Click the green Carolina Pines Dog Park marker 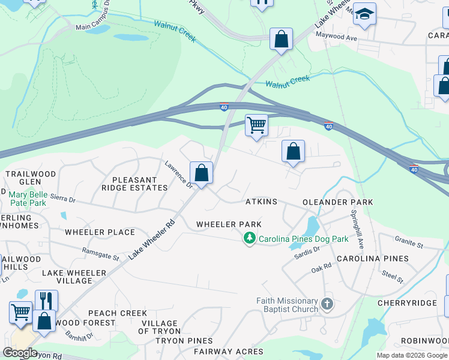pos(249,239)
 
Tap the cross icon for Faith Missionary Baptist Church pos(327,304)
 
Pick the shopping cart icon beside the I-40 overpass pos(256,125)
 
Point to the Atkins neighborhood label pos(261,202)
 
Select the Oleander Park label pos(338,203)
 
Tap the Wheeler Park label pos(229,224)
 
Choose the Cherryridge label pos(407,304)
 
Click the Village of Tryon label pos(159,327)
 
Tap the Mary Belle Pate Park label pos(28,199)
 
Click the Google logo pos(20,352)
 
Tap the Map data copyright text pos(411,355)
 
